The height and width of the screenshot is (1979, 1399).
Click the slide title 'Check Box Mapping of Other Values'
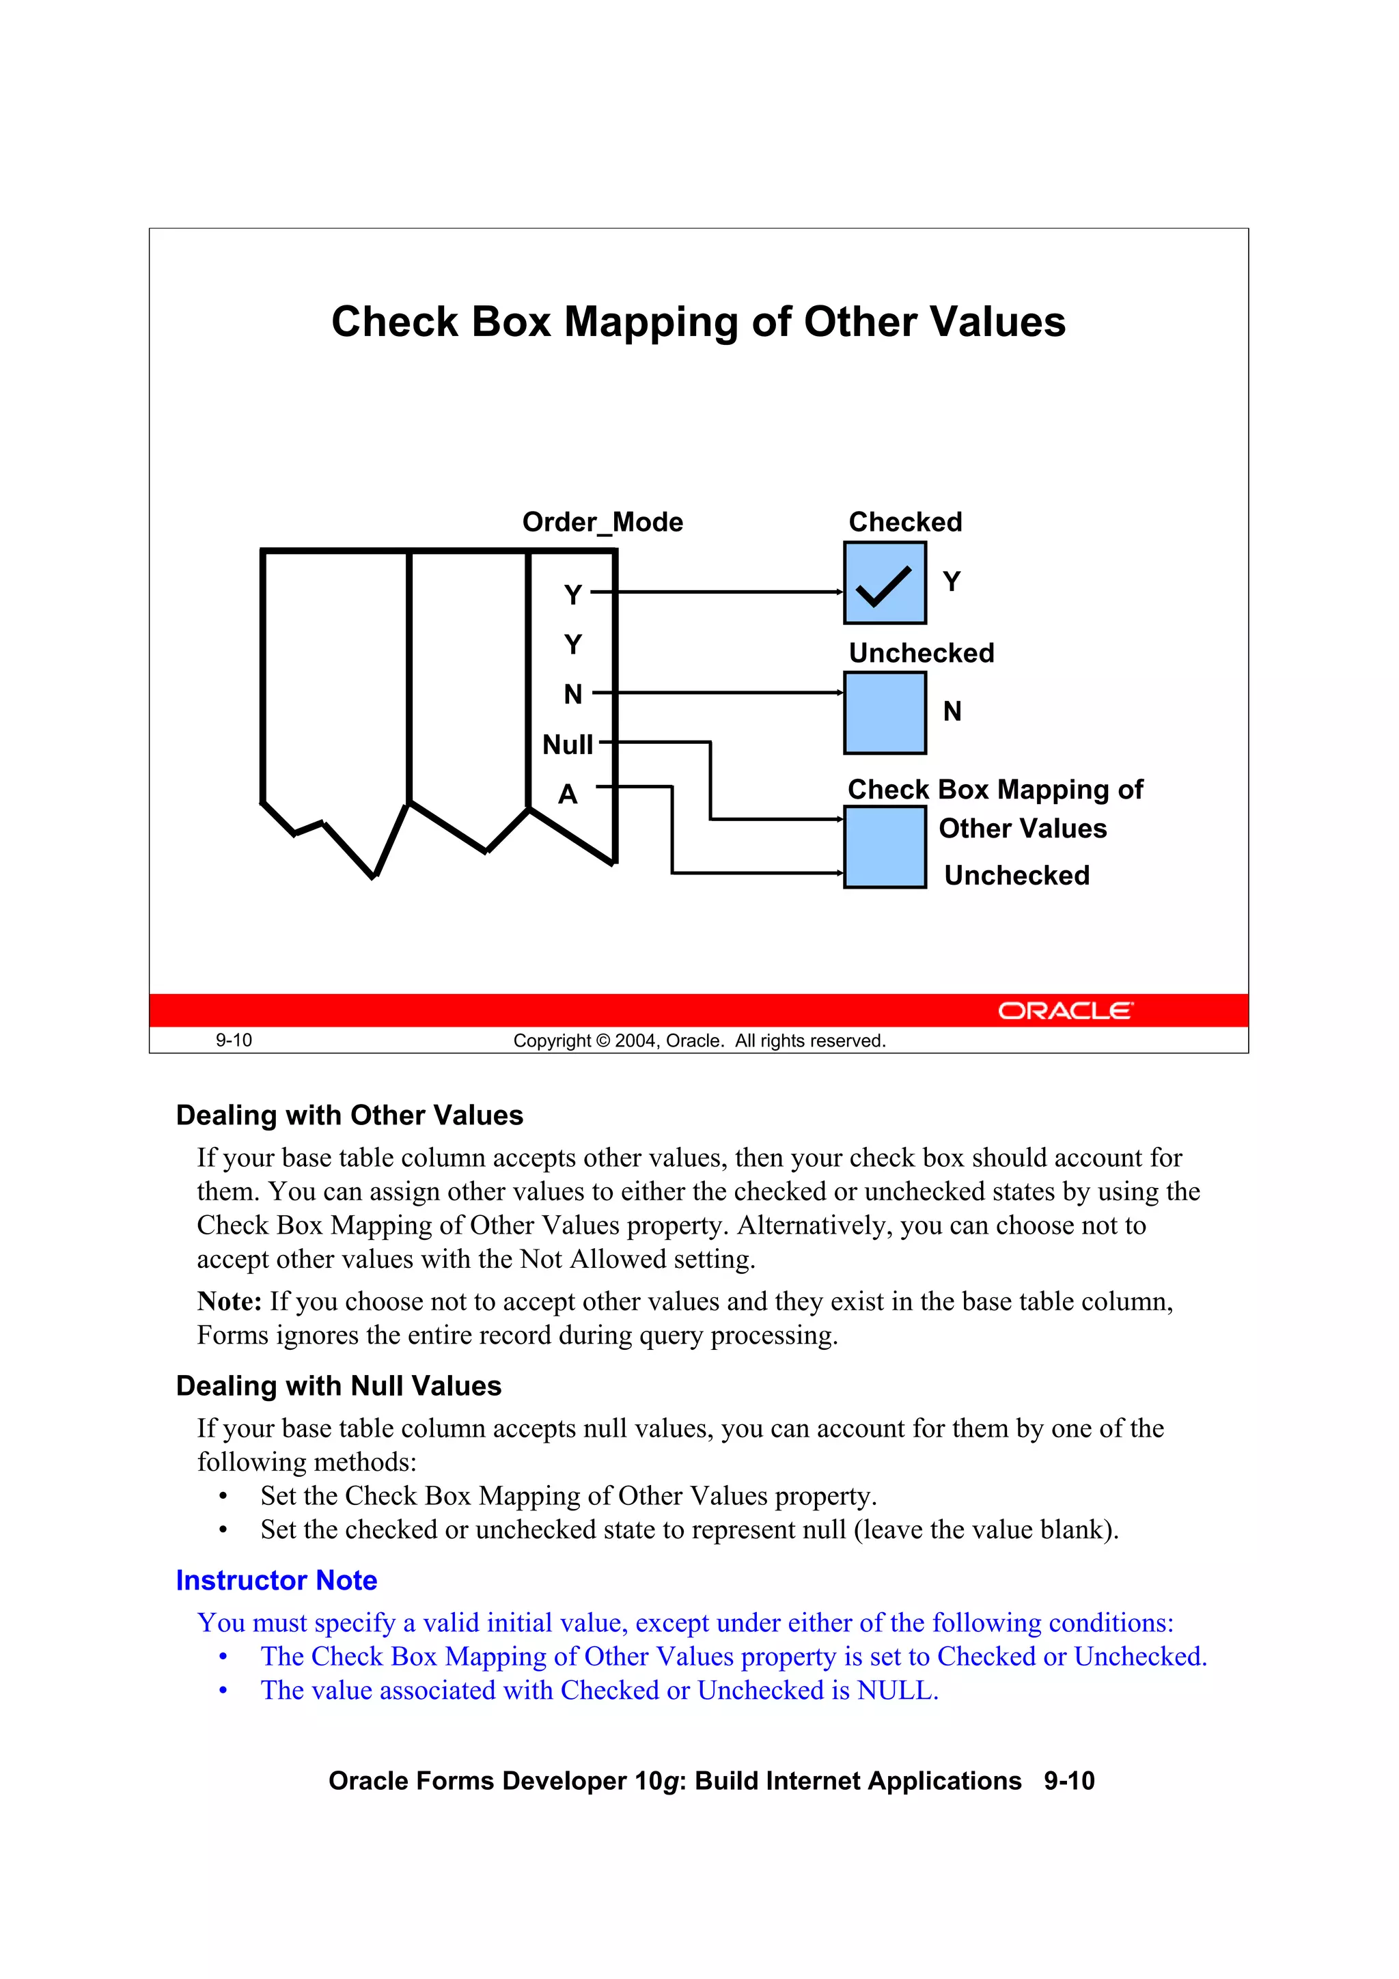[x=698, y=322]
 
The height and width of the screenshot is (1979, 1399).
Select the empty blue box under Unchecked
[x=885, y=712]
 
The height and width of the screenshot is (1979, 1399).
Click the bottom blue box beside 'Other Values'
[x=885, y=846]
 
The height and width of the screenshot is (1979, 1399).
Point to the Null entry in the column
[x=567, y=744]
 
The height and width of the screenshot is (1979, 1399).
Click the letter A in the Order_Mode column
[x=567, y=793]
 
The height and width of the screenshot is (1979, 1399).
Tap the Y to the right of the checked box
[x=951, y=582]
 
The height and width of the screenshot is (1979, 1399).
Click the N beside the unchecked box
[x=952, y=711]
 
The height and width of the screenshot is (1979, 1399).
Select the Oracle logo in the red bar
[x=1066, y=1010]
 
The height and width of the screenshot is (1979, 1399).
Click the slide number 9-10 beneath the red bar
[x=234, y=1040]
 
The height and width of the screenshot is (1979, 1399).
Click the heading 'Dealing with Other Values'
[x=349, y=1116]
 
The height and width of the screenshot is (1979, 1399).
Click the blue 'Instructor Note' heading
[x=276, y=1581]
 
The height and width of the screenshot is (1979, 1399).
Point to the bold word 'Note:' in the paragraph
[x=230, y=1301]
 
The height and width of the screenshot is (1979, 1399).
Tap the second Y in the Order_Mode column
[x=573, y=644]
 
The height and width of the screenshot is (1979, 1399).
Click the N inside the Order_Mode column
[x=573, y=694]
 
